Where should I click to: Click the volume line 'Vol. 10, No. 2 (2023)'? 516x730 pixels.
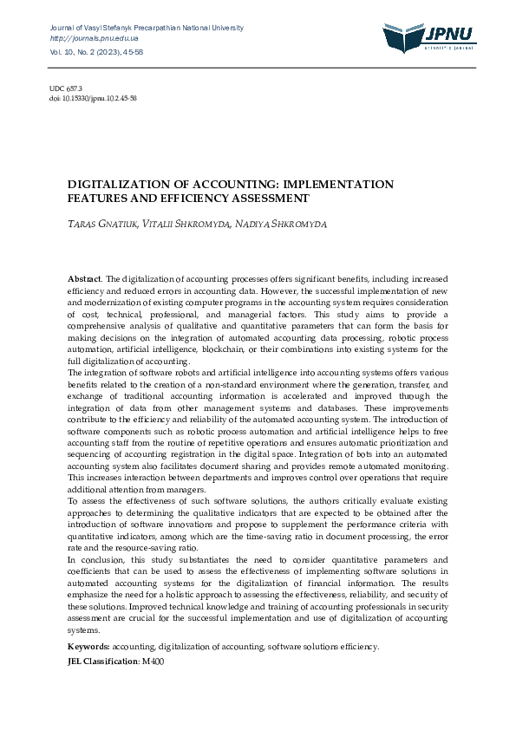click(x=83, y=52)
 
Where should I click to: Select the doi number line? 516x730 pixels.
click(x=93, y=99)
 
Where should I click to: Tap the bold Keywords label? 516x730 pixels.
click(x=88, y=647)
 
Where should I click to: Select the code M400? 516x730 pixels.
click(x=152, y=662)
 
